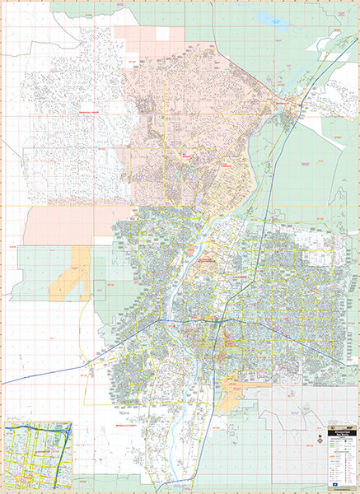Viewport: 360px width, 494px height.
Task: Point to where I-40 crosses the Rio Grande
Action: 179,319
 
